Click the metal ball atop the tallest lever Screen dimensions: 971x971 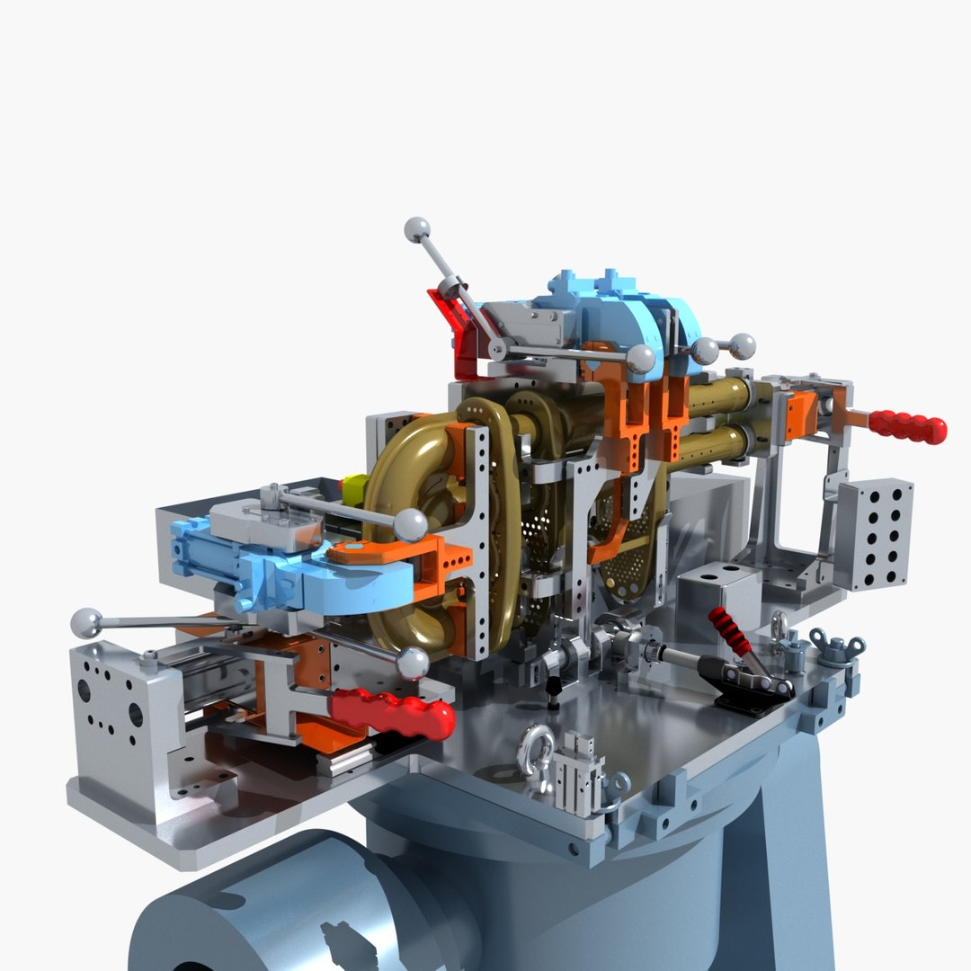click(416, 229)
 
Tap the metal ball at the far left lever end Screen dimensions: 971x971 click(86, 622)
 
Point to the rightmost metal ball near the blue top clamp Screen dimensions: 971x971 click(743, 345)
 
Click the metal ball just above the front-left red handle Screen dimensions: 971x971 click(413, 664)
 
